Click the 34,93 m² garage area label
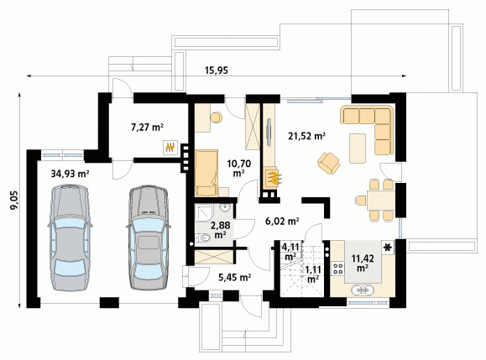coord(70,174)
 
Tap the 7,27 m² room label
coord(147,127)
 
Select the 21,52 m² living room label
coord(306,136)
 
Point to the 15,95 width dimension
coord(217,70)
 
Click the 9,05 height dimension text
coord(14,201)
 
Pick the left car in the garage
coord(70,237)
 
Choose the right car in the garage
coord(149,237)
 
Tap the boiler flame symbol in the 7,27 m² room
coord(170,147)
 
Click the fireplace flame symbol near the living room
coord(273,178)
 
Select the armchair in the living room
coord(328,163)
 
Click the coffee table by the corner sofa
coord(358,148)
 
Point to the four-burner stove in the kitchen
coord(337,268)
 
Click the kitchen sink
coord(363,290)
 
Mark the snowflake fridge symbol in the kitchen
coord(388,248)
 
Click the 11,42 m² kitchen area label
coord(363,263)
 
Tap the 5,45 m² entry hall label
coord(235,277)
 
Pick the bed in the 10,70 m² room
coord(206,173)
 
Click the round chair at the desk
coord(216,117)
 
